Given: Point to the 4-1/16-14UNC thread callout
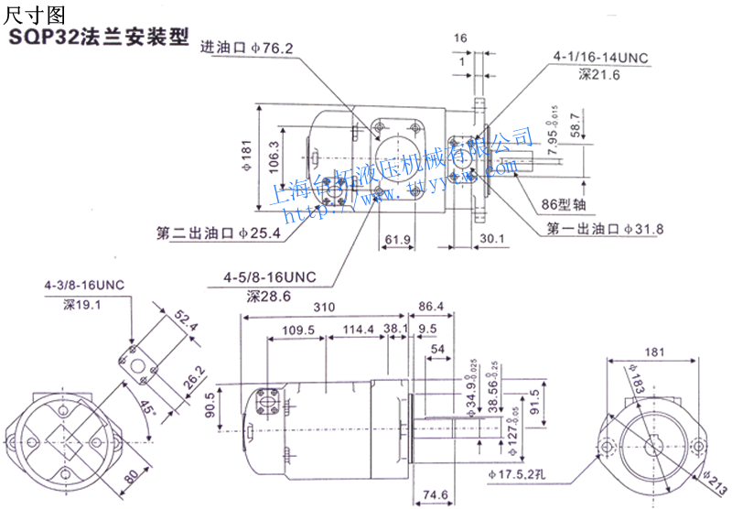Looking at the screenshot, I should click(x=600, y=58).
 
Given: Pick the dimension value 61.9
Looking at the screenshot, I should click(x=397, y=241).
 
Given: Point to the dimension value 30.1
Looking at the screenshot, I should click(x=491, y=240).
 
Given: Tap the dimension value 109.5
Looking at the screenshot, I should click(x=297, y=330).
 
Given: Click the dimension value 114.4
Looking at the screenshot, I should click(x=358, y=330).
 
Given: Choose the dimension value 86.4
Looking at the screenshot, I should click(x=431, y=307).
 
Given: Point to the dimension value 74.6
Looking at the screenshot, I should click(x=436, y=494).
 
